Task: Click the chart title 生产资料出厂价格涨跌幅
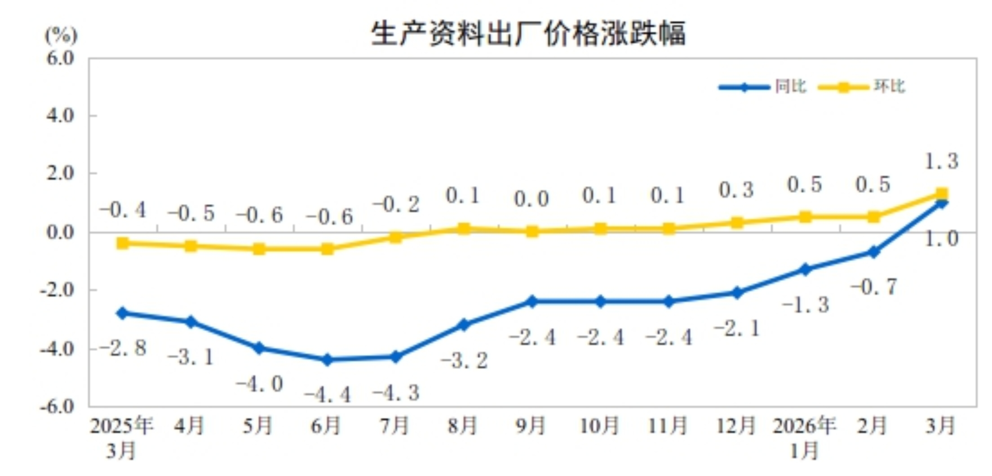528,34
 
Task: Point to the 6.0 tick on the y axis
60,58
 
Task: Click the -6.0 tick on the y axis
57,406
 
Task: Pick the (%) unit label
61,35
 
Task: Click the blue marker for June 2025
328,359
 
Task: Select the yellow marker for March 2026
942,194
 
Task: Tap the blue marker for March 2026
942,203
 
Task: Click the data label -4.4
328,395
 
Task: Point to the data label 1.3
942,161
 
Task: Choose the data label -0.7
874,287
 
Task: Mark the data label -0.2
396,205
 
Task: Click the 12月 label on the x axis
736,426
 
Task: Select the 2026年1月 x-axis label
804,437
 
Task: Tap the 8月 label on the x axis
463,426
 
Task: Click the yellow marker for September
532,232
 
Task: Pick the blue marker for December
737,293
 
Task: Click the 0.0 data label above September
531,199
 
